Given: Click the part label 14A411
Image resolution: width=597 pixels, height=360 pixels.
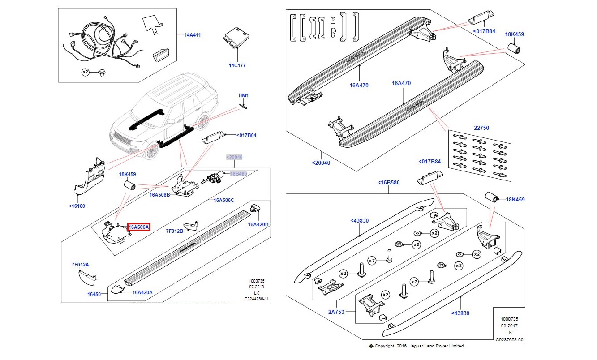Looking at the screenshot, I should (193, 34).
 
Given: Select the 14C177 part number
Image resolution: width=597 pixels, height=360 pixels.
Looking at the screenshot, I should (237, 65).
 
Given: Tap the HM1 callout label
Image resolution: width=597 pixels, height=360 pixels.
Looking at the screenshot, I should (243, 95).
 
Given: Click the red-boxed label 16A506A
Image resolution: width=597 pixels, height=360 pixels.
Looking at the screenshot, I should (139, 227).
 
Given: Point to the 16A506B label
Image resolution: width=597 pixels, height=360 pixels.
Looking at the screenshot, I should (159, 195).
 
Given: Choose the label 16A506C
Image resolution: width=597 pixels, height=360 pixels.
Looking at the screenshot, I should (223, 200).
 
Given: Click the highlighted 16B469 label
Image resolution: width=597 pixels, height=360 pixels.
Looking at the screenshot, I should (238, 173).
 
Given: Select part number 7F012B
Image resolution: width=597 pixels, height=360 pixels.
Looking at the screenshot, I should (175, 231).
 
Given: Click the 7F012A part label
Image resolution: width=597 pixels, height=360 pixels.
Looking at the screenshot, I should (80, 265).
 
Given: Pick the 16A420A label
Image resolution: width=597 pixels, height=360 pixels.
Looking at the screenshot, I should (142, 292).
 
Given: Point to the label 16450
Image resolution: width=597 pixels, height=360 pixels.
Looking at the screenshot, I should (94, 294).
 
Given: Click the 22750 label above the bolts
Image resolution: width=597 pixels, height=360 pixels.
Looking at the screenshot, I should (481, 128).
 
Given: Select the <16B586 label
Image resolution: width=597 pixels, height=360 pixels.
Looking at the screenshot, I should (389, 183).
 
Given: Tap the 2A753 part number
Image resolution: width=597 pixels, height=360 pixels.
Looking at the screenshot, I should (337, 312).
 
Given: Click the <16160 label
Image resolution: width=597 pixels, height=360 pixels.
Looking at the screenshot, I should (77, 206).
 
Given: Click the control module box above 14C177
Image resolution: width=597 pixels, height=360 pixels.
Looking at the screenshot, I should (236, 37).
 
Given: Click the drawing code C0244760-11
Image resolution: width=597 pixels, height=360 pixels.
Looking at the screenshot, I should (257, 299).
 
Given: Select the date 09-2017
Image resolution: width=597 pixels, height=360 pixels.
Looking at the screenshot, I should (509, 326).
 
